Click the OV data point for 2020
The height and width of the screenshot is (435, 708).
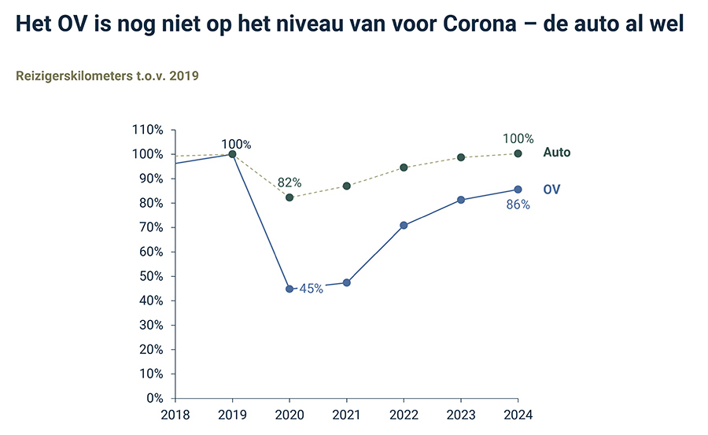(289, 289)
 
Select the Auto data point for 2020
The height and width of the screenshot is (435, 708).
(289, 197)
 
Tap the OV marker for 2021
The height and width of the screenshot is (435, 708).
(347, 282)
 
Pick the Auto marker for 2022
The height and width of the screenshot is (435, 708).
(404, 168)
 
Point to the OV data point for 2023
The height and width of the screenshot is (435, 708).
(461, 200)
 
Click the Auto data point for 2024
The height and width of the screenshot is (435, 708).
(518, 153)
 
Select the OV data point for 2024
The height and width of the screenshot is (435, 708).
(518, 189)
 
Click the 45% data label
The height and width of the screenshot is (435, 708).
(311, 289)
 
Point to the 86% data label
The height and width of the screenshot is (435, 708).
(518, 205)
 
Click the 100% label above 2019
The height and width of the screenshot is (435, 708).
(236, 144)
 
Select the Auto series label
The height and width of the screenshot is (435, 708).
(556, 153)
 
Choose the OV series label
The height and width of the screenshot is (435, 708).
(552, 190)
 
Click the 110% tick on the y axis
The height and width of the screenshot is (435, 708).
(148, 130)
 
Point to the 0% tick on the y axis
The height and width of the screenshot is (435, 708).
(154, 399)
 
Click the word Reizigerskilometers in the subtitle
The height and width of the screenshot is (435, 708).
(74, 76)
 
